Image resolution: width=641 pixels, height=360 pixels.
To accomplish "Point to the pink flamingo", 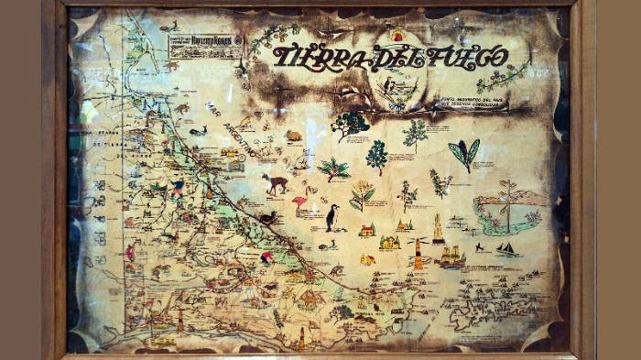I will pyautogui.click(x=299, y=204).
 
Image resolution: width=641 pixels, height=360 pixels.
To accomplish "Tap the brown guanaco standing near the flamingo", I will pyautogui.click(x=275, y=183).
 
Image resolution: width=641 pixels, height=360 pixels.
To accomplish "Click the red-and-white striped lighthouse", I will pyautogui.click(x=418, y=254).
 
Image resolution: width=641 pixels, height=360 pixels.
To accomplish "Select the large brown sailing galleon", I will pyautogui.click(x=450, y=257).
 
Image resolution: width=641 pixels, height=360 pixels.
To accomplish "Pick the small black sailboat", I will pyautogui.click(x=505, y=248).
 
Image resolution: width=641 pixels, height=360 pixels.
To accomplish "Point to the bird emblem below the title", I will pyautogui.click(x=396, y=92).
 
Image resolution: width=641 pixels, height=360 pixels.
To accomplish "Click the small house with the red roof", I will pyautogui.click(x=366, y=230).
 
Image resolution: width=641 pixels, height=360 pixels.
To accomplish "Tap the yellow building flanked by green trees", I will pyautogui.click(x=390, y=243).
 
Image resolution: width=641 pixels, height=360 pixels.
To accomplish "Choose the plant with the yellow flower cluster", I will pyautogui.click(x=362, y=195).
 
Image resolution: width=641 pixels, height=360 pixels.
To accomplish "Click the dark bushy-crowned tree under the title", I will pyautogui.click(x=350, y=124).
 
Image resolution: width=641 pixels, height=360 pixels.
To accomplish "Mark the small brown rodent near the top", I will pyautogui.click(x=293, y=136).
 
